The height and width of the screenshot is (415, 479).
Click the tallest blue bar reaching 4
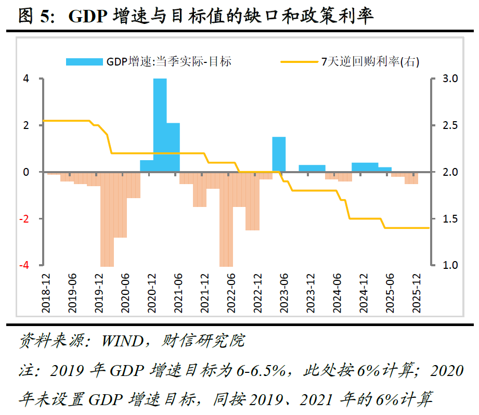click(160, 125)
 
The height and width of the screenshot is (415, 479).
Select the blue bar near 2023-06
click(279, 154)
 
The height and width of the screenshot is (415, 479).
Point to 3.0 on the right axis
click(450, 79)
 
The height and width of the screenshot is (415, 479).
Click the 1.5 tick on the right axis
click(450, 218)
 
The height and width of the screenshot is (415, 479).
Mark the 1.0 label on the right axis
click(450, 265)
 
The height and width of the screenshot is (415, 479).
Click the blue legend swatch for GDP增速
click(84, 61)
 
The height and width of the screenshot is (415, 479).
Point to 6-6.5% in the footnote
click(263, 371)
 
